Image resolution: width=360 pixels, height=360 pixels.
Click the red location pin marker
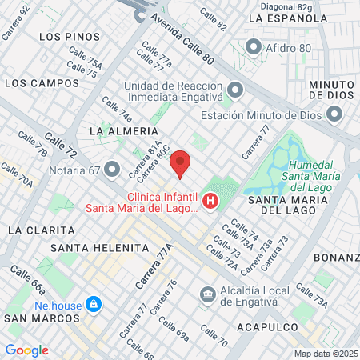[x=181, y=162]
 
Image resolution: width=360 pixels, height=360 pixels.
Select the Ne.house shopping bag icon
[x=94, y=305]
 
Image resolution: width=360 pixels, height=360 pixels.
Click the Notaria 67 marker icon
[x=112, y=170]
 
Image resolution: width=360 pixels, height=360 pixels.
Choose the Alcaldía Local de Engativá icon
[x=208, y=295]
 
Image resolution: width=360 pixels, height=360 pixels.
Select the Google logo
[x=26, y=350]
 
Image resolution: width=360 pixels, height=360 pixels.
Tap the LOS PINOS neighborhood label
[x=69, y=37]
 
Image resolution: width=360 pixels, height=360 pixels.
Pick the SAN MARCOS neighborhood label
[x=39, y=318]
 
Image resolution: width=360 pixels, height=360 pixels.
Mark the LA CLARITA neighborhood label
[x=36, y=230]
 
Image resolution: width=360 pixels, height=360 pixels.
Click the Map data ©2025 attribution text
[x=326, y=354]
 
